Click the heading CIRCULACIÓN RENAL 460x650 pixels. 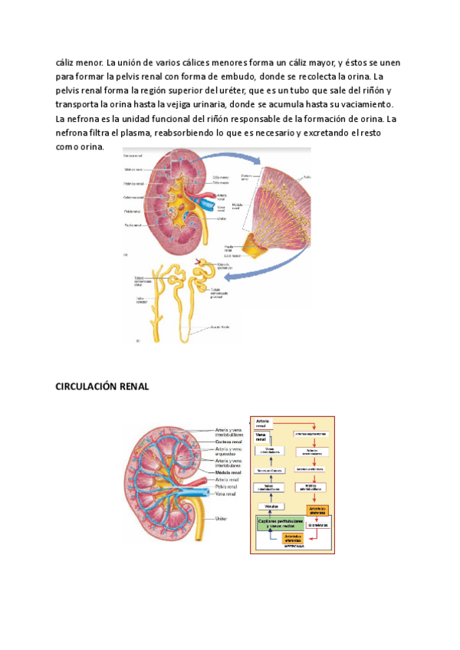coord(102,386)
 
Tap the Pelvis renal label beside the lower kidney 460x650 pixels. coord(228,486)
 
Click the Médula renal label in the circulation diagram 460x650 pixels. coord(229,472)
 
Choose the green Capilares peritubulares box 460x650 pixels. coord(281,502)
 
